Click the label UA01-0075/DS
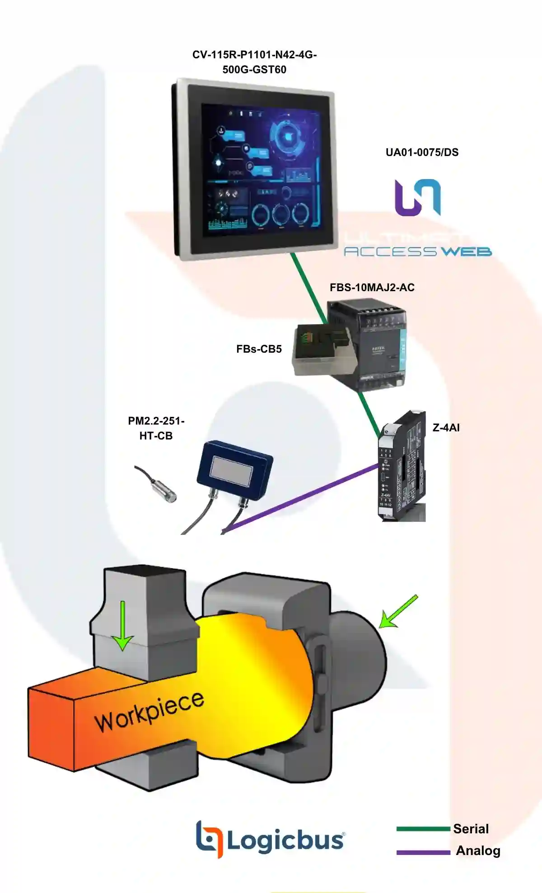[x=422, y=152]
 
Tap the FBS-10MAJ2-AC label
[x=372, y=288]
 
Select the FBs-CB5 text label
[x=259, y=349]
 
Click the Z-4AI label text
[x=446, y=428]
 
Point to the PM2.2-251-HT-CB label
[x=156, y=428]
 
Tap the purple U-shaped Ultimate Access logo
[x=417, y=198]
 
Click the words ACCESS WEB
[x=418, y=251]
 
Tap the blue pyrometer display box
[x=234, y=470]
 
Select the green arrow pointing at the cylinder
[x=397, y=612]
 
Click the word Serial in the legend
[x=471, y=829]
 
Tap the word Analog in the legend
[x=478, y=850]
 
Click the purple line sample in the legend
[x=423, y=852]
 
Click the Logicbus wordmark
[x=285, y=841]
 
